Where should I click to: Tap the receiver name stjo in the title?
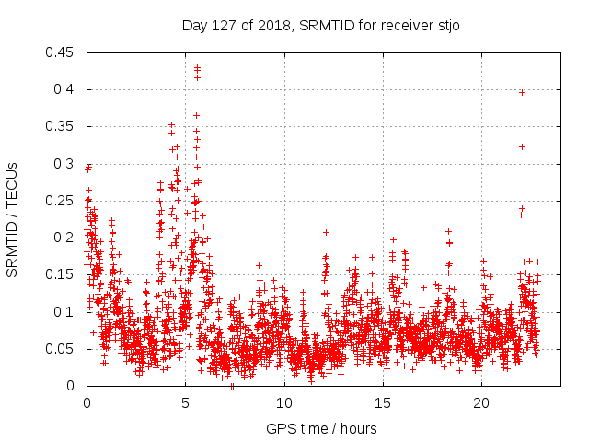click(x=445, y=25)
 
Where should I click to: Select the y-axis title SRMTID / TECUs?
click(x=13, y=219)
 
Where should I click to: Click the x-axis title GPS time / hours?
click(x=321, y=428)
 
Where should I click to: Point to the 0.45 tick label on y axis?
click(x=62, y=52)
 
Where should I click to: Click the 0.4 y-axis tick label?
click(x=65, y=89)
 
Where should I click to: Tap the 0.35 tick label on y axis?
click(x=62, y=126)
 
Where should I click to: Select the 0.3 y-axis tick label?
click(x=65, y=164)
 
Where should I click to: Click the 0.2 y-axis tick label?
click(x=65, y=238)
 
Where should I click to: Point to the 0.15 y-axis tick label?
click(x=62, y=274)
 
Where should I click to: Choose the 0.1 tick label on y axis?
click(x=65, y=312)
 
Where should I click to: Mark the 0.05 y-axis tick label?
click(x=62, y=349)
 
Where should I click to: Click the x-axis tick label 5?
click(x=185, y=403)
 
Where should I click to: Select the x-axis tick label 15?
click(x=382, y=403)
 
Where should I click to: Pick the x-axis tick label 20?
click(x=481, y=403)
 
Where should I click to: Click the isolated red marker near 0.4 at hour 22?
click(x=522, y=92)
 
